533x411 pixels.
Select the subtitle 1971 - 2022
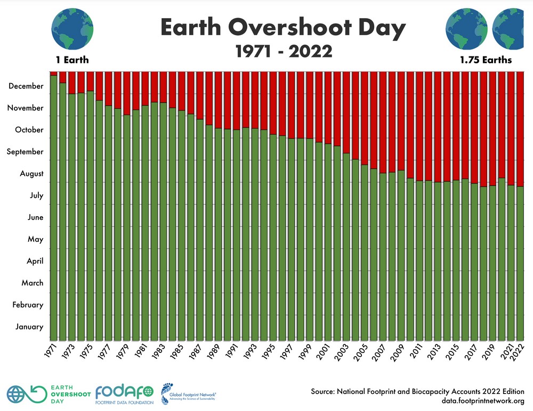[284, 51]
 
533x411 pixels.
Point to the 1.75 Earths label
[486, 60]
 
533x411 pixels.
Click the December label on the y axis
[26, 86]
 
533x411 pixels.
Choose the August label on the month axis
[31, 174]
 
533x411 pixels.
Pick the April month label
[35, 261]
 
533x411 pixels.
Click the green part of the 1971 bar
[54, 213]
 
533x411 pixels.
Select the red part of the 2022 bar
[520, 128]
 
